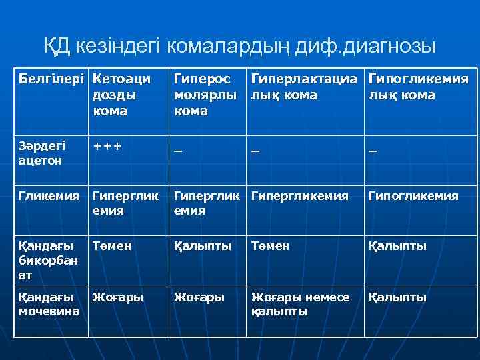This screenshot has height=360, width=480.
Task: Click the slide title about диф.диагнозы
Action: click(240, 46)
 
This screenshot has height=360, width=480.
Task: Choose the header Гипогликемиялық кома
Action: click(418, 87)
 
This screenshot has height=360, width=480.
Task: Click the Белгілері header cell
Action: click(51, 79)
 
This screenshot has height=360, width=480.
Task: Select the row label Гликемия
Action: click(47, 196)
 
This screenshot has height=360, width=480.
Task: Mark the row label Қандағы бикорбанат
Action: click(43, 259)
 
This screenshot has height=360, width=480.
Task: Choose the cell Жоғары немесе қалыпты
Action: click(300, 304)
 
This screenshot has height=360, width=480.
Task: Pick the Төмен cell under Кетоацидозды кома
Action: click(111, 246)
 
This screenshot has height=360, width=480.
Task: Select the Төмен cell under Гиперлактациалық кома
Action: click(270, 246)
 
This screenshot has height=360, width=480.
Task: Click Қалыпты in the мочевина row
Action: click(397, 297)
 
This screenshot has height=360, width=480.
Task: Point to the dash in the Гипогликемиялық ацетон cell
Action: click(373, 151)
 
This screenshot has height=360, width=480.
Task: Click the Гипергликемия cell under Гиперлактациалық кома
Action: click(299, 196)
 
